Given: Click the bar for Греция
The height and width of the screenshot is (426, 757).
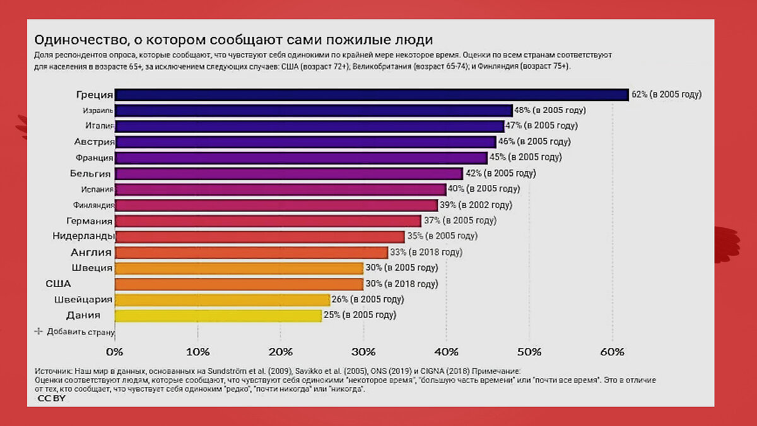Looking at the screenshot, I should (x=372, y=95).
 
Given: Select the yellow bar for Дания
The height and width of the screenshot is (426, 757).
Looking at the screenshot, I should (x=218, y=315).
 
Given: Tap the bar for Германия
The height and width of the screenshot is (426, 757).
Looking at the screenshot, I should (x=268, y=221).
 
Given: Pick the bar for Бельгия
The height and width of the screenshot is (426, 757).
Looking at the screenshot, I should (x=289, y=174).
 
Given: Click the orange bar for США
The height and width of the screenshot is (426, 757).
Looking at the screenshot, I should (x=239, y=284).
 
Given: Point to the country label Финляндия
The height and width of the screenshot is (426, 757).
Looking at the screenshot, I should (x=93, y=205).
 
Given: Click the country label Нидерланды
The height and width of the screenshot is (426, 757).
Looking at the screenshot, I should (x=83, y=237).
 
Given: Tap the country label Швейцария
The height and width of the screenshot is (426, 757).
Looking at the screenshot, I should (x=83, y=299).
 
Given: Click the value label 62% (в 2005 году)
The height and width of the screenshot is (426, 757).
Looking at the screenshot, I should (x=666, y=95).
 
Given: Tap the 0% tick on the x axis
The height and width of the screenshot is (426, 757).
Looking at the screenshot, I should (x=115, y=351).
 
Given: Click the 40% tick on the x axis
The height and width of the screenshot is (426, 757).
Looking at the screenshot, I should (x=446, y=351).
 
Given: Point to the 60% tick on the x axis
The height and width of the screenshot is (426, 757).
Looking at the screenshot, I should (x=612, y=351).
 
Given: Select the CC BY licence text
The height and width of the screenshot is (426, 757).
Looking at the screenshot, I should (x=51, y=399).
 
